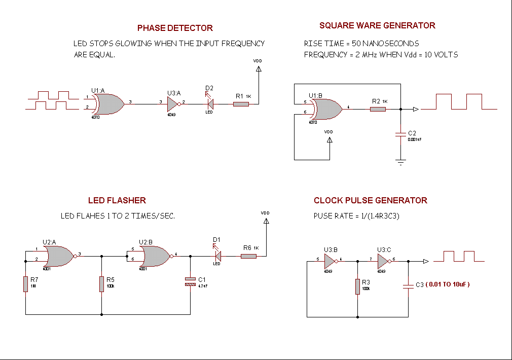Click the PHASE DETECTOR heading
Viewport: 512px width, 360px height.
[175, 28]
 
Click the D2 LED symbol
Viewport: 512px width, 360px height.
[209, 104]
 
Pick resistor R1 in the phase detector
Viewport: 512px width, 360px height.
[241, 104]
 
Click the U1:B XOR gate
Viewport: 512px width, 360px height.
[326, 109]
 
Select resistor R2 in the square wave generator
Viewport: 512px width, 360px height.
[378, 109]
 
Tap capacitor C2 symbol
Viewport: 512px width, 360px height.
[400, 134]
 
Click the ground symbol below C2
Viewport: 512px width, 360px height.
[400, 162]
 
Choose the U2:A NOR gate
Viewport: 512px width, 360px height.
[60, 256]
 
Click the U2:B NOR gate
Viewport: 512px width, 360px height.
[157, 256]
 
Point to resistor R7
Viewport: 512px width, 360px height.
[25, 284]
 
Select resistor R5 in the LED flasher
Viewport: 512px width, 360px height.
[102, 284]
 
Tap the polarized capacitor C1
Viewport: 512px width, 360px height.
[190, 282]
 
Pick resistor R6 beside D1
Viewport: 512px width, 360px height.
[248, 256]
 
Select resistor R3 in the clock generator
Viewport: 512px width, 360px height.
[358, 286]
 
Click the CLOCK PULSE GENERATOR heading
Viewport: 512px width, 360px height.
[370, 200]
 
